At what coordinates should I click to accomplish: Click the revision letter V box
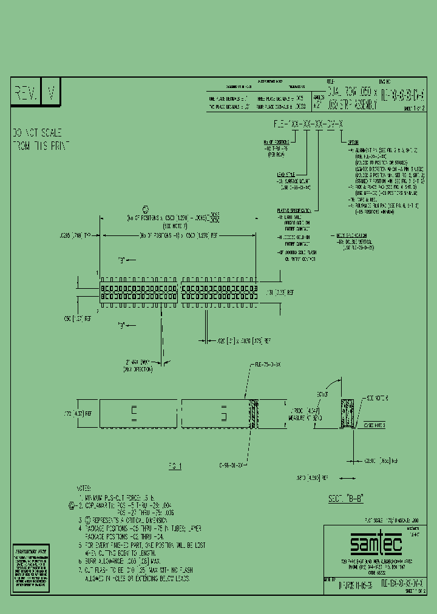tap(51, 94)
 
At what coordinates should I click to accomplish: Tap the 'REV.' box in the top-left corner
tap(26, 94)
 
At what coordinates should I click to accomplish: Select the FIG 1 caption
tap(175, 465)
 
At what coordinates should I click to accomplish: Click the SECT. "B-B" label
tap(345, 498)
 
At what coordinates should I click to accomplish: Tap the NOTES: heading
tap(84, 488)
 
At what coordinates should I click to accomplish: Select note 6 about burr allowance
tap(128, 562)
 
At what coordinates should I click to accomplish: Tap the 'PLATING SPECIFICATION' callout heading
tap(293, 211)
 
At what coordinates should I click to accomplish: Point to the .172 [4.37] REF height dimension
tap(80, 414)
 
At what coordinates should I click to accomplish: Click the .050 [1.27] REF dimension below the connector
tap(78, 317)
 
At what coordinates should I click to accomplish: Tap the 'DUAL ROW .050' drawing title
tap(353, 92)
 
